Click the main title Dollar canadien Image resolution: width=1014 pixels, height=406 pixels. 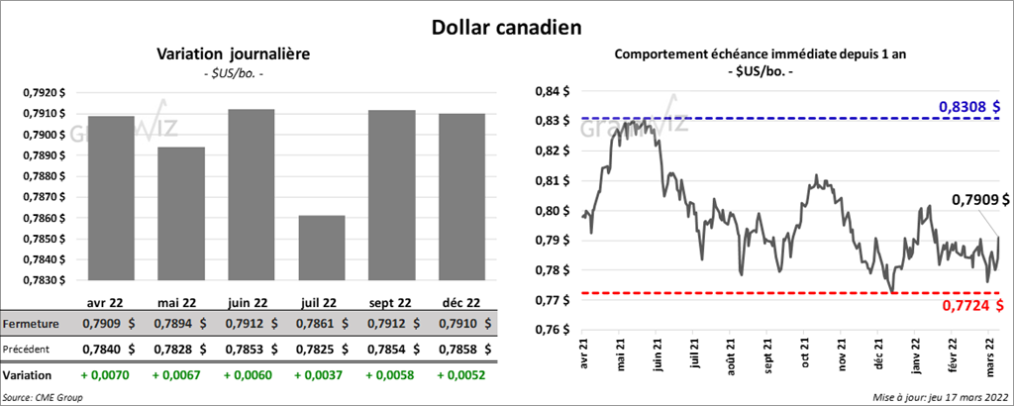coord(506,26)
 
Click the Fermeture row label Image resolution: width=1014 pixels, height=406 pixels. coord(34,324)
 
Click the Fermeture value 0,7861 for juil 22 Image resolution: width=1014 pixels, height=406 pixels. coord(314,324)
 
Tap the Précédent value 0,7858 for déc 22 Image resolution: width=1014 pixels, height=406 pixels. coord(456,350)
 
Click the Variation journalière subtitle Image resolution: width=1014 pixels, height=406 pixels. coord(233,54)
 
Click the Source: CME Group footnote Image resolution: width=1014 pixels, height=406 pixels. coord(45,396)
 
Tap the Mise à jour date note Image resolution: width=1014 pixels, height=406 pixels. coord(942,396)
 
